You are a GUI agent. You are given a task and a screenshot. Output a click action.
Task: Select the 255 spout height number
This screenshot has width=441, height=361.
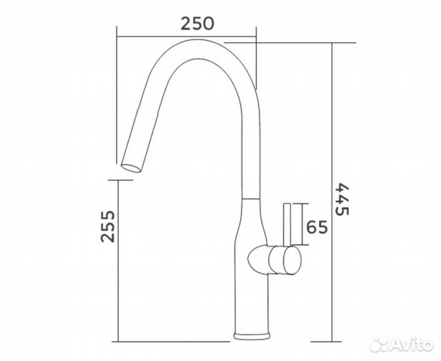(108, 228)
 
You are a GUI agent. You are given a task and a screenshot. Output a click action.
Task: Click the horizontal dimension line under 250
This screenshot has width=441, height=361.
(186, 35)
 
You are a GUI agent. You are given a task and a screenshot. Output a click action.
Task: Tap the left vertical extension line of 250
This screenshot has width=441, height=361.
(118, 47)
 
